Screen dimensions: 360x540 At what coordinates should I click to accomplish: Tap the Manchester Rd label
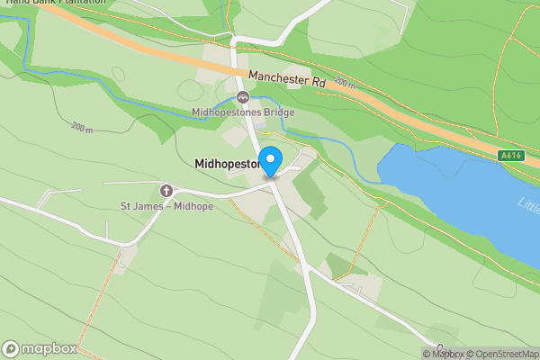(x=287, y=78)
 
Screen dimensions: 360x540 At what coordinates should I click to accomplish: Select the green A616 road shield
(x=511, y=156)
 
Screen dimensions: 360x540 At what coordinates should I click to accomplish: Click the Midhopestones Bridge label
(x=243, y=113)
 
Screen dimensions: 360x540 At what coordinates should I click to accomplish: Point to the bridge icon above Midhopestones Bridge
(x=242, y=98)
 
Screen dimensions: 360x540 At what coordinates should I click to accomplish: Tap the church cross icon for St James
(x=166, y=191)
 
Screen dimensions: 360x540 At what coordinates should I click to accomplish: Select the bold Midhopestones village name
(x=228, y=165)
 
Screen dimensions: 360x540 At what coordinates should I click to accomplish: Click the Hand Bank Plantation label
(x=53, y=3)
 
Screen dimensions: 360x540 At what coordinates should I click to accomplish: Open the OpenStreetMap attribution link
(x=502, y=354)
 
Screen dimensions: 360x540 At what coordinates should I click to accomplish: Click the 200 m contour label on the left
(x=82, y=130)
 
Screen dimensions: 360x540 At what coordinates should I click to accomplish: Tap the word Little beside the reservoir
(x=529, y=205)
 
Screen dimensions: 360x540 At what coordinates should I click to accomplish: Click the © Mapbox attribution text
(x=444, y=354)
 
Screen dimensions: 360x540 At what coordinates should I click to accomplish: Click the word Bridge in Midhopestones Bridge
(x=276, y=113)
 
